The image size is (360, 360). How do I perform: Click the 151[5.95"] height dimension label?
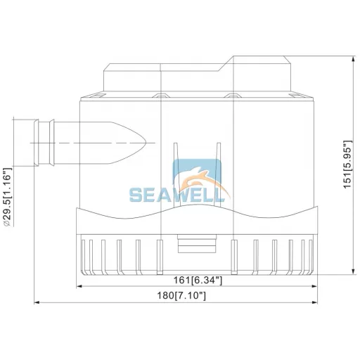tap(347, 164)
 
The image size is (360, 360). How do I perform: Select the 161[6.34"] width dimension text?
tap(198, 280)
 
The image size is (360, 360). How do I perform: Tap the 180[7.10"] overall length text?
tap(181, 296)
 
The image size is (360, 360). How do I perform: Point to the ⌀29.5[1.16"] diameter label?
tap(7, 197)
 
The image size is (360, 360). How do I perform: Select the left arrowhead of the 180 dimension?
tap(37, 302)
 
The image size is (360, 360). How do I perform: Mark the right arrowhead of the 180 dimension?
tap(315, 302)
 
